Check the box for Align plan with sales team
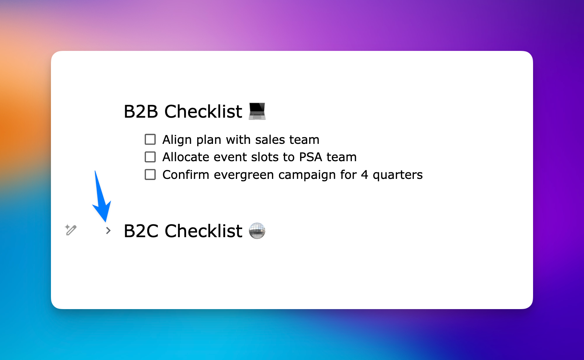click(150, 139)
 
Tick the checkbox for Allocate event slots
click(150, 157)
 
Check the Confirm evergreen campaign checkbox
click(150, 174)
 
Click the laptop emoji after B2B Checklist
click(257, 111)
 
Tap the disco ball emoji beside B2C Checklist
click(257, 231)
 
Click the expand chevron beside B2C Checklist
click(108, 231)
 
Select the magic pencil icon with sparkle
click(71, 229)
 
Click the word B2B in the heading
click(141, 111)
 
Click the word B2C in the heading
click(141, 231)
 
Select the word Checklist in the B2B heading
click(203, 111)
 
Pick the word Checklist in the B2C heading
click(203, 231)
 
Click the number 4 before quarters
click(364, 174)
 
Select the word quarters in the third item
click(398, 175)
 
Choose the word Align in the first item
click(177, 140)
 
